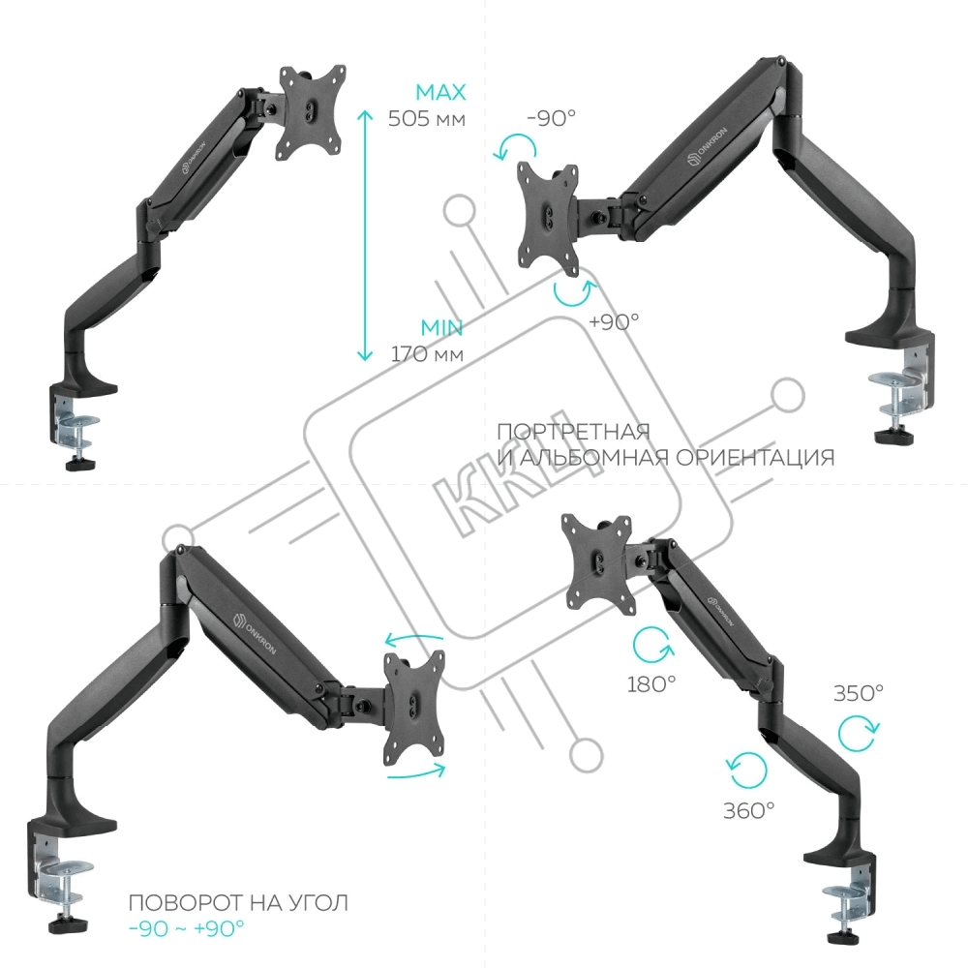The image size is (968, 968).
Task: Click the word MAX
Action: point(440,93)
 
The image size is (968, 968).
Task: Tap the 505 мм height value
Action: point(427,118)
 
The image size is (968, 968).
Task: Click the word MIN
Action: point(442,327)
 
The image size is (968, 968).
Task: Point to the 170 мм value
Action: point(427,353)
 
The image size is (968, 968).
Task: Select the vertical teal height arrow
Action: point(365,235)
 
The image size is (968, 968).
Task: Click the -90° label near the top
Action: point(552,117)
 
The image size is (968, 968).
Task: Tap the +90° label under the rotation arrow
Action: point(614,321)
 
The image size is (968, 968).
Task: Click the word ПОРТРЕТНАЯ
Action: point(573,431)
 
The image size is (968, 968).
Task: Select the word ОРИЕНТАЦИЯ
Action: point(755,458)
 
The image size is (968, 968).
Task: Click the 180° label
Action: point(651,684)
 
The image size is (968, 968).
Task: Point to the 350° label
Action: point(858,693)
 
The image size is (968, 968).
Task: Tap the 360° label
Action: point(748,810)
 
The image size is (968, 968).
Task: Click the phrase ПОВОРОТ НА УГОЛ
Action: point(238,902)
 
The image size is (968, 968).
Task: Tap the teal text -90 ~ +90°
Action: point(187,928)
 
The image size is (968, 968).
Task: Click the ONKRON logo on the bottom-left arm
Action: point(255,633)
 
